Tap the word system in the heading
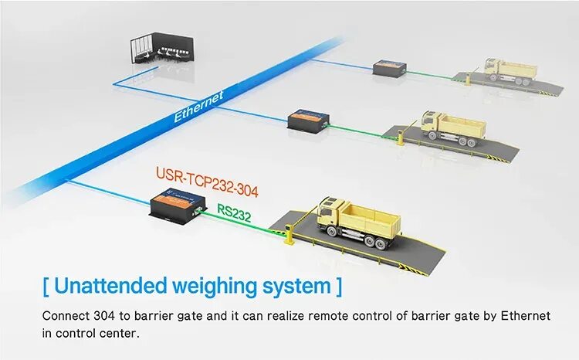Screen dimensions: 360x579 click(x=293, y=286)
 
